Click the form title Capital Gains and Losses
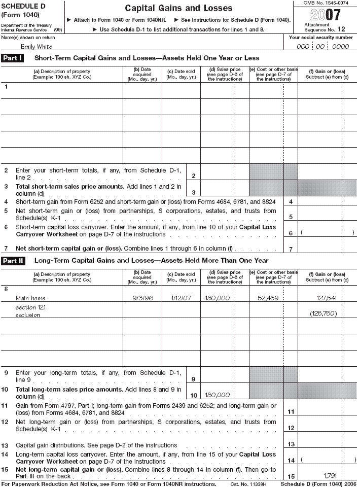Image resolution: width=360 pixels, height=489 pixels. pyautogui.click(x=178, y=8)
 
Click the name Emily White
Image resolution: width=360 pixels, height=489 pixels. pyautogui.click(x=33, y=46)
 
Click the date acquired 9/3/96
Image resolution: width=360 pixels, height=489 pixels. pyautogui.click(x=142, y=298)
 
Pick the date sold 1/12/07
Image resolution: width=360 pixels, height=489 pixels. pyautogui.click(x=181, y=298)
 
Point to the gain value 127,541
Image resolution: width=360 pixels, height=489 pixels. pyautogui.click(x=327, y=298)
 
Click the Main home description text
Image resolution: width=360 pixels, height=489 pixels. pyautogui.click(x=30, y=298)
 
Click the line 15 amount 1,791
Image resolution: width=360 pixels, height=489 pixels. pyautogui.click(x=330, y=475)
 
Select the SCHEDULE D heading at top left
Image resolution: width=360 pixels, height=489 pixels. pyautogui.click(x=22, y=6)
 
